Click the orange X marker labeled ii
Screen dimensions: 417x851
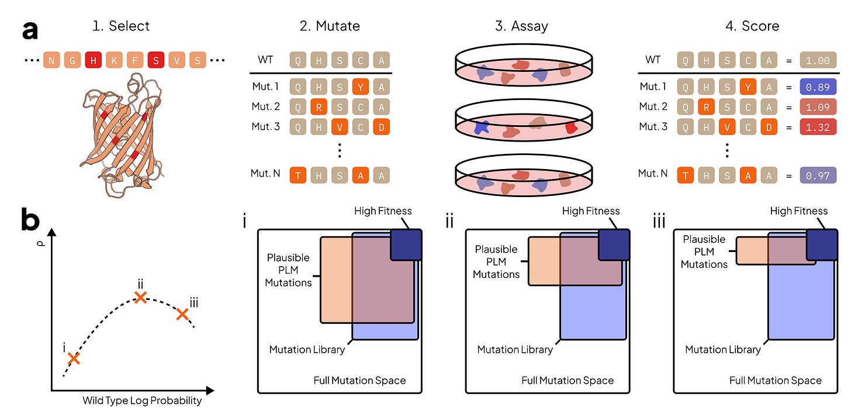140,297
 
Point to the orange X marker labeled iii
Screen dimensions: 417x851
182,315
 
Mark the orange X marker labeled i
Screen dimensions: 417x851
73,358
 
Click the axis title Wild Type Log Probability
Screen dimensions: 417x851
143,401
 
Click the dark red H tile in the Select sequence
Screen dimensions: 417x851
92,60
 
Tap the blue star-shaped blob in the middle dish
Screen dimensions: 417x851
483,127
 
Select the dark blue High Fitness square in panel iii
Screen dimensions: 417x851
822,245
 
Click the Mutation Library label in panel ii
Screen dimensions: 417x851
514,350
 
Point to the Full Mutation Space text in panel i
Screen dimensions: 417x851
359,381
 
